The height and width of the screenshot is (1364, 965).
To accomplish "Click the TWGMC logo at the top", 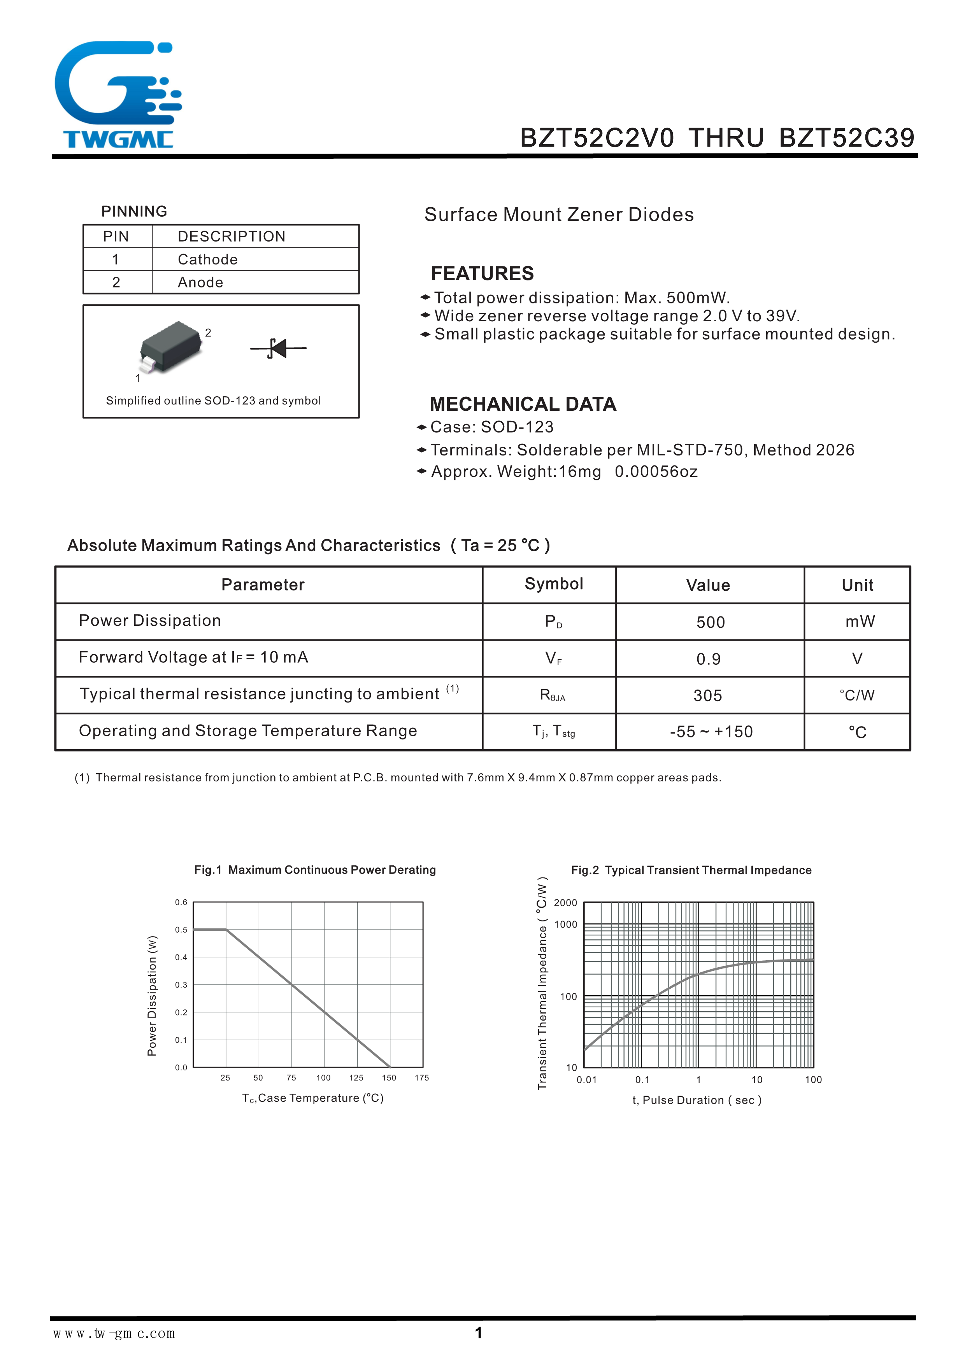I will coord(118,95).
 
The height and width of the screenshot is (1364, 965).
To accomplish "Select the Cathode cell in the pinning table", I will coord(207,259).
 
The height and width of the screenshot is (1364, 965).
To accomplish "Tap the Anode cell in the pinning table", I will coord(200,283).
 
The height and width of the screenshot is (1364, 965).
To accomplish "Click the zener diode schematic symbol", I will coord(278,348).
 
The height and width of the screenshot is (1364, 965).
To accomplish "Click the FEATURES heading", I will coord(482,273).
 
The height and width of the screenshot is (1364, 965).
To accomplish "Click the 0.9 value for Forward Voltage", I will coord(708,659).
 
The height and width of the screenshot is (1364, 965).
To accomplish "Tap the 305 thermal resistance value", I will coord(708,696).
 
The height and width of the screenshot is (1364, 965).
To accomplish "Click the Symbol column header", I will coord(553,584).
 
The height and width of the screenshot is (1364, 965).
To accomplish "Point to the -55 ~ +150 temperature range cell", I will coord(711,732).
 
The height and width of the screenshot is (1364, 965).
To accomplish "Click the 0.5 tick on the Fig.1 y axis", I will coord(181,930).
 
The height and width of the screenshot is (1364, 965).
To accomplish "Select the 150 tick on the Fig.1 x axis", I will coord(389,1078).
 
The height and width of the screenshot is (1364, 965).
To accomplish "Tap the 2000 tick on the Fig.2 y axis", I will coord(565,903).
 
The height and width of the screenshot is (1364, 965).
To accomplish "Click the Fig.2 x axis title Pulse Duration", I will coord(697,1100).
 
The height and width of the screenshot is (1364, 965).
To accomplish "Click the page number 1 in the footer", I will coord(478,1333).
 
